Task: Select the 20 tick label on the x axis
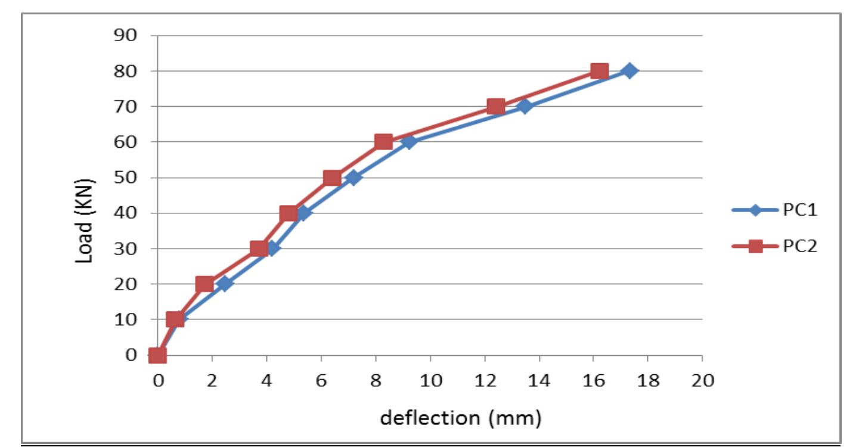[x=702, y=380]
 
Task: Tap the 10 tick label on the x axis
[x=430, y=380]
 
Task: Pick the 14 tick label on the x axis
[x=539, y=380]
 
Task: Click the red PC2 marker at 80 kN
[x=599, y=71]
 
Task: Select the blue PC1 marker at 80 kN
[x=629, y=71]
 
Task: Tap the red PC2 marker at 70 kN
[x=495, y=107]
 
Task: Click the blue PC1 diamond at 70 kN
[x=525, y=107]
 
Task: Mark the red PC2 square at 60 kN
[x=383, y=142]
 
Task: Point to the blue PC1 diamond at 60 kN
[x=408, y=142]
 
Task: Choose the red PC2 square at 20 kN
[x=204, y=284]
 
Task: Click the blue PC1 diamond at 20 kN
[x=224, y=284]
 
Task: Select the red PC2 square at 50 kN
[x=332, y=178]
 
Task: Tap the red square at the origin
[x=157, y=355]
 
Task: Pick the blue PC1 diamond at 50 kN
[x=353, y=178]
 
